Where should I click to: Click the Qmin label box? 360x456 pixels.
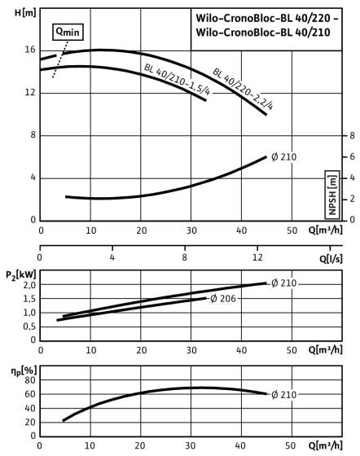(x=68, y=32)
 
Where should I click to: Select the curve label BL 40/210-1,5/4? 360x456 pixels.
(x=177, y=80)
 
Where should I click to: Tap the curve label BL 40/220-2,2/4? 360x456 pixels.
(x=243, y=89)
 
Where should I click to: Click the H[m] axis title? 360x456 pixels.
(x=25, y=13)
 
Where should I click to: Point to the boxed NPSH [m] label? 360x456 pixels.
(x=332, y=195)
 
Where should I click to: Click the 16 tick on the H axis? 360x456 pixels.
(x=30, y=50)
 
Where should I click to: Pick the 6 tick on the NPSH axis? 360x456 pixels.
(x=352, y=156)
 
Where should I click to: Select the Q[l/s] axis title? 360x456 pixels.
(x=331, y=258)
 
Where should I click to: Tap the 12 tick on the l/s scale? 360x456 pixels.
(x=257, y=257)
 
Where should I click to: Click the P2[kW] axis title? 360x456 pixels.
(x=21, y=275)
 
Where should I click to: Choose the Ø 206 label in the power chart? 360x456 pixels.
(x=223, y=298)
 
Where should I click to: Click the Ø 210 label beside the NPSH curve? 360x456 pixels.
(x=283, y=157)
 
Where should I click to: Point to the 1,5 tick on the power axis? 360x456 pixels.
(x=29, y=299)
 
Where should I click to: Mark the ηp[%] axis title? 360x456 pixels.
(x=24, y=371)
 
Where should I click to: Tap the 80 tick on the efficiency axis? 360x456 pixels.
(x=30, y=380)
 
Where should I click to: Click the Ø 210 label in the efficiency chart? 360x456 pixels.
(x=283, y=395)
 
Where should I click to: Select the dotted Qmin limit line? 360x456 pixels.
(x=60, y=59)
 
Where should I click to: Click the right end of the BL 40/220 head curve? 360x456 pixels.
(x=266, y=114)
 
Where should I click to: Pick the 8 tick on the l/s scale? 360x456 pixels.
(x=185, y=257)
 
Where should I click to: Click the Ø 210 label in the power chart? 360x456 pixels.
(x=283, y=283)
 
